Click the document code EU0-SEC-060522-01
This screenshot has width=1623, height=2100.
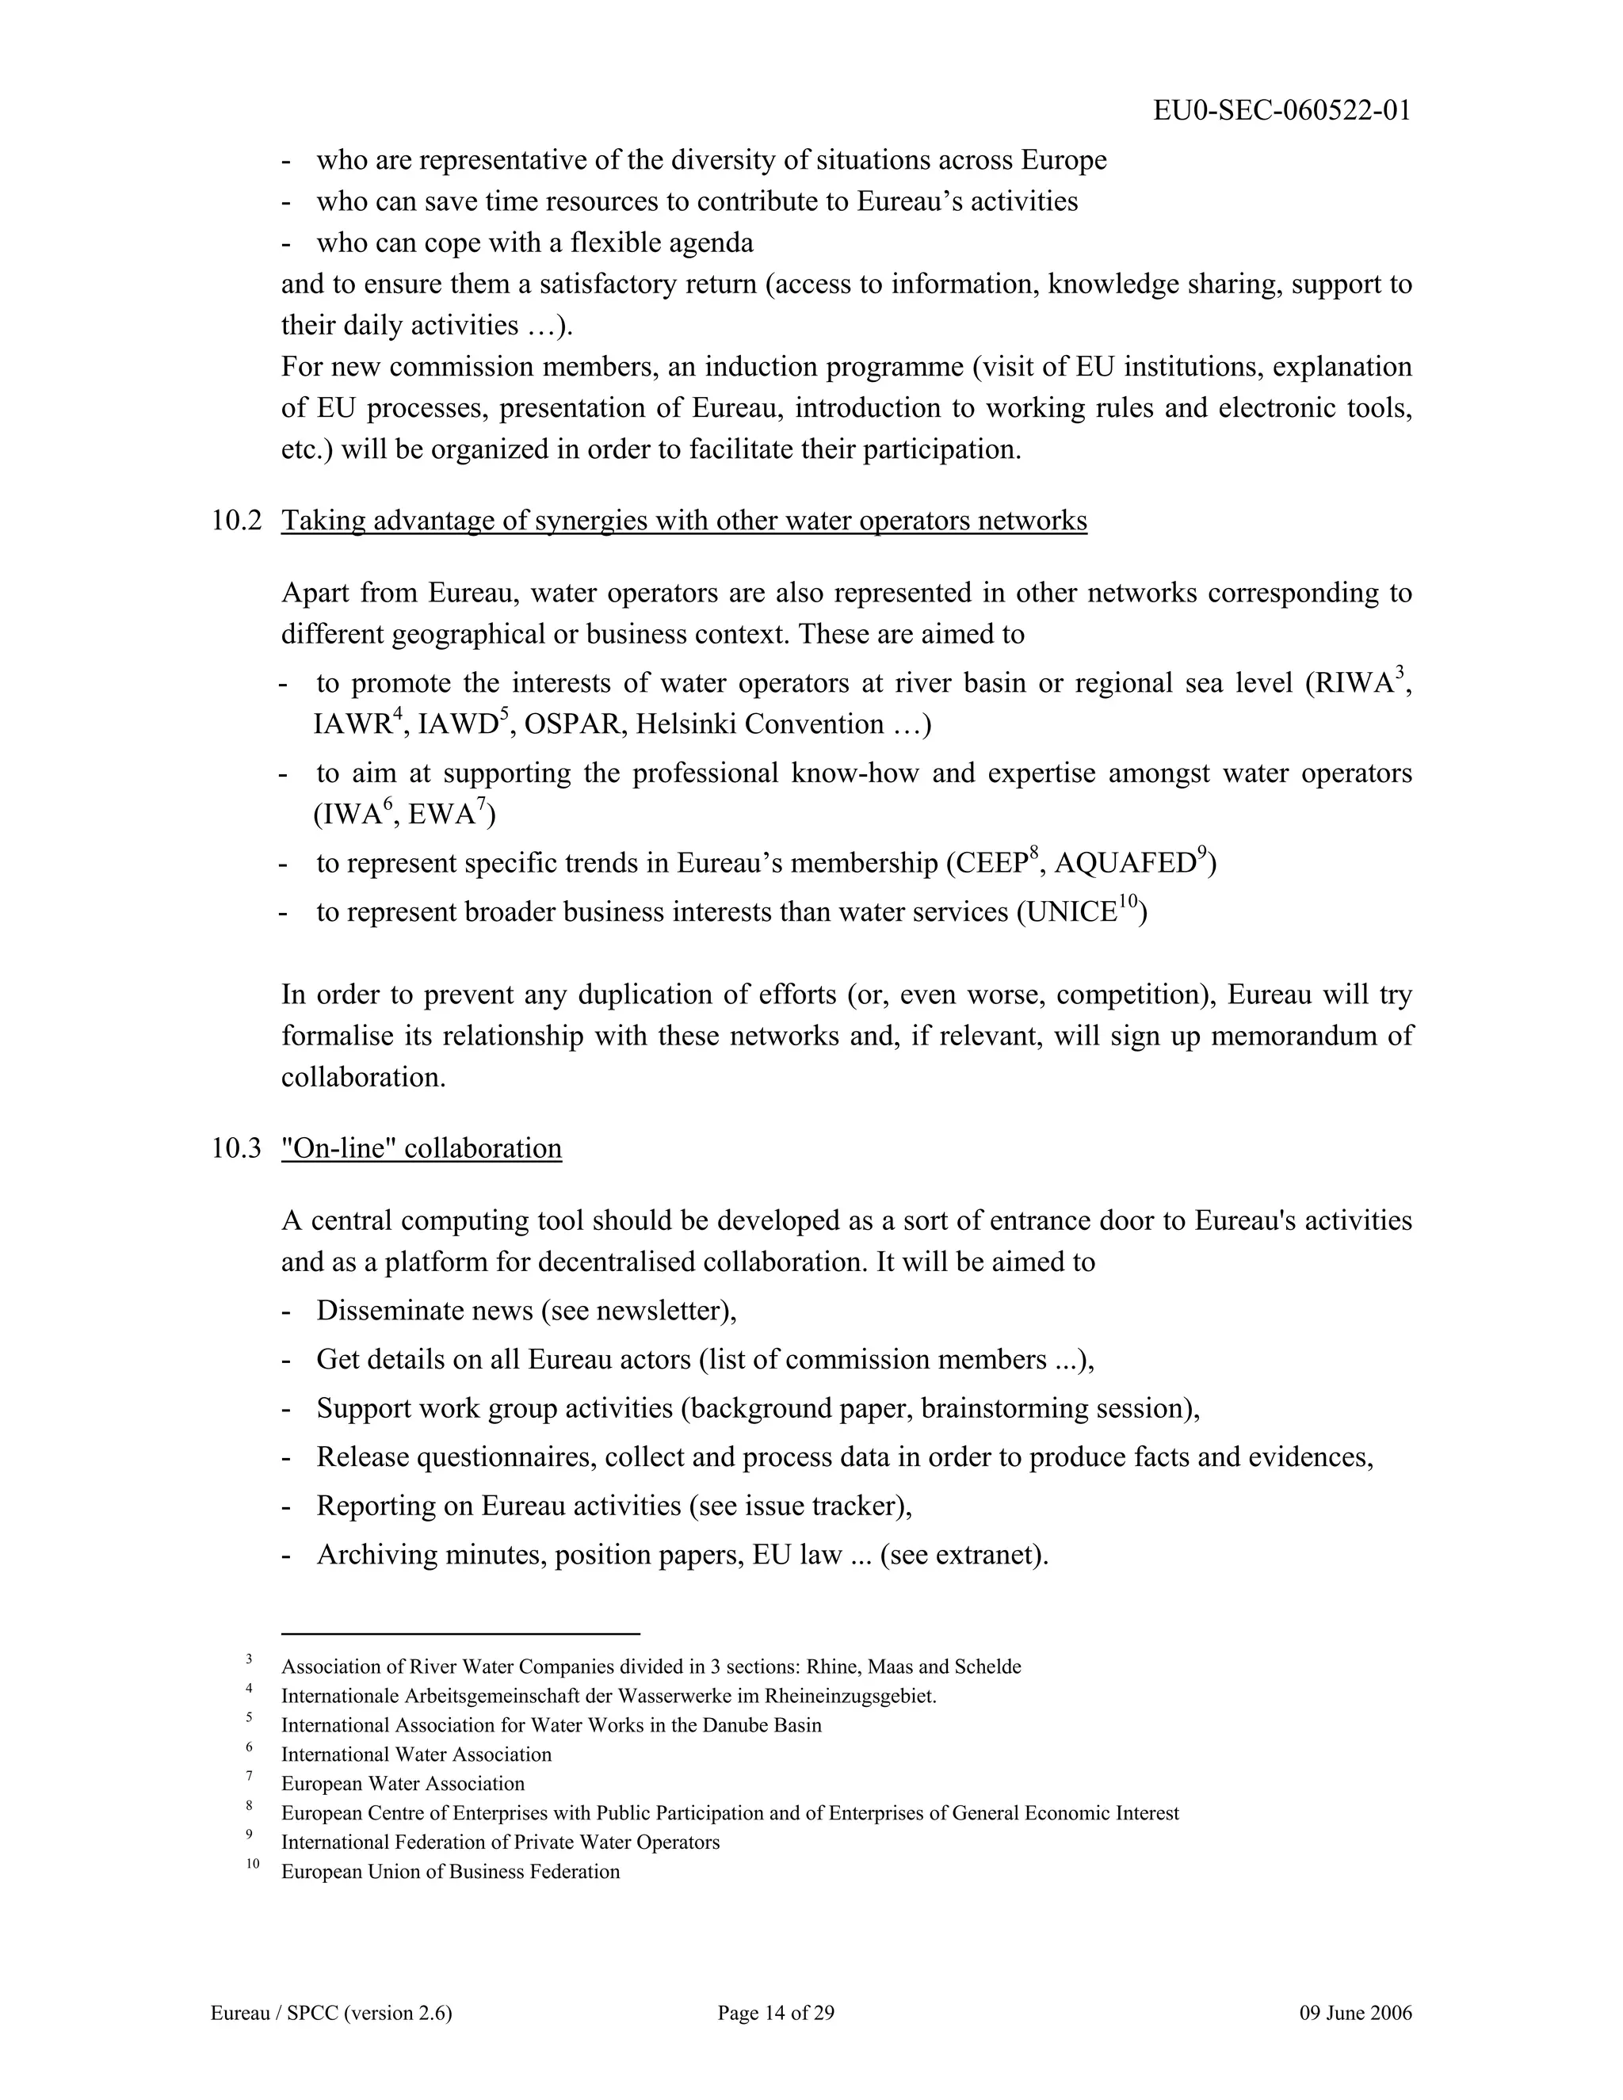click(x=1281, y=111)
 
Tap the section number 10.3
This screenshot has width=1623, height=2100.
click(x=236, y=1148)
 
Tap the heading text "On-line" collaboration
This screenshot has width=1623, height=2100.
click(x=421, y=1148)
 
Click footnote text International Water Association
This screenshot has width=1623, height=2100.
click(x=416, y=1754)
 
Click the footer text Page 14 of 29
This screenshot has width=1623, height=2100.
click(x=776, y=2014)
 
